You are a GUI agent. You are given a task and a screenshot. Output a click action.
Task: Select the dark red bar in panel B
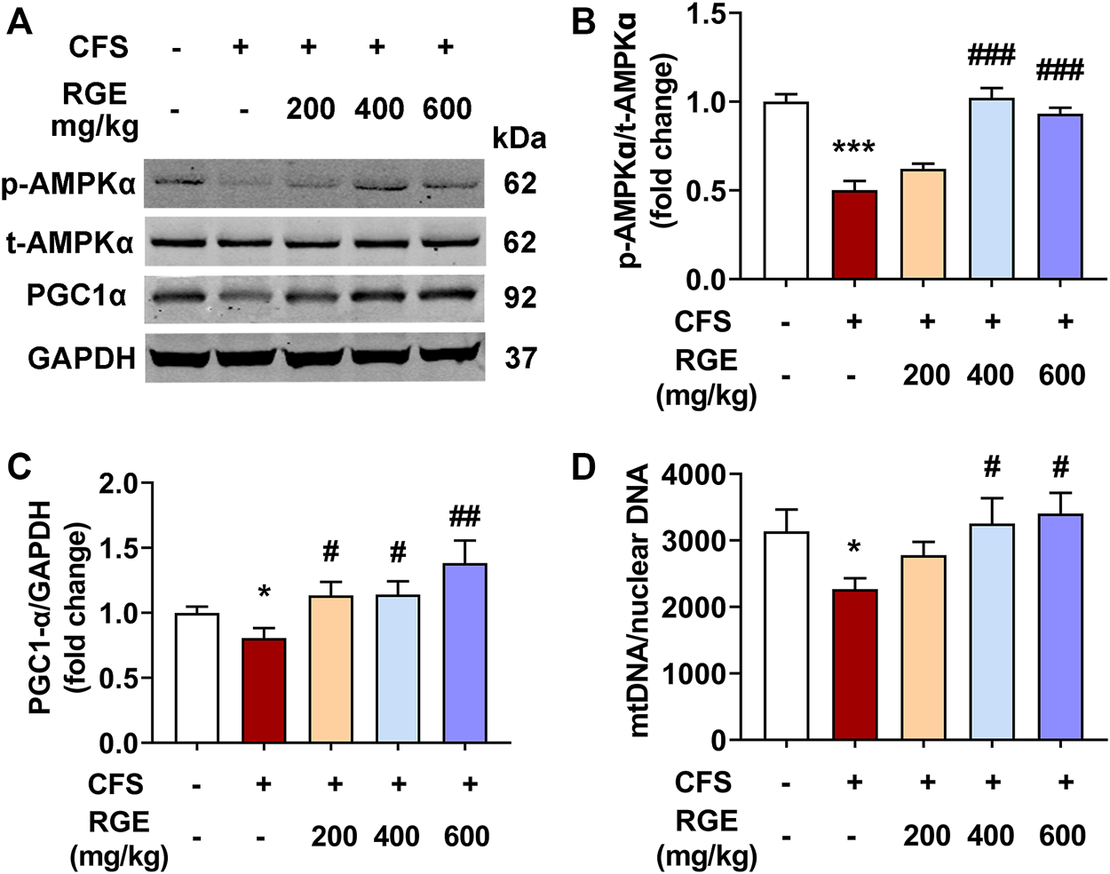pos(854,234)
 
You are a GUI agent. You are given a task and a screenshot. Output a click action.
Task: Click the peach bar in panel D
pos(925,648)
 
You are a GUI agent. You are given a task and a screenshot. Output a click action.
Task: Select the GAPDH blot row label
pos(82,358)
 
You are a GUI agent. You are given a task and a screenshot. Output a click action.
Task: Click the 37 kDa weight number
pos(520,358)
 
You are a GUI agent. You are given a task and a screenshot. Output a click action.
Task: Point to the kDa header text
pos(519,139)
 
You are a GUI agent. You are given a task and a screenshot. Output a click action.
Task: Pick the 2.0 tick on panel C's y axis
pos(122,484)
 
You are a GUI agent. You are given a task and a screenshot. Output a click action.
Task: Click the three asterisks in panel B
pos(853,147)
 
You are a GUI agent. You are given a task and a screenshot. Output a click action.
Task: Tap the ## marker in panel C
pos(465,515)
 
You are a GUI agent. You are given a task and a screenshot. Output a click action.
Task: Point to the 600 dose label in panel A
pos(447,108)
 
